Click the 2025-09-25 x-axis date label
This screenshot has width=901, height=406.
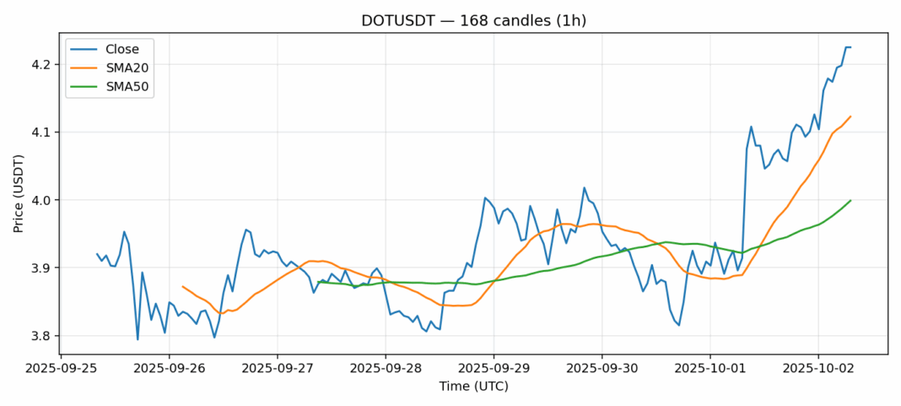click(x=62, y=369)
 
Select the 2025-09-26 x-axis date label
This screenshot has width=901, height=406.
click(x=170, y=369)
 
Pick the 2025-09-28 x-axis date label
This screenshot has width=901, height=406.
click(x=386, y=369)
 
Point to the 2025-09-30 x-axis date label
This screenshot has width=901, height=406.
click(x=602, y=369)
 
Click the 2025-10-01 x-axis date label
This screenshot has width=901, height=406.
click(x=709, y=369)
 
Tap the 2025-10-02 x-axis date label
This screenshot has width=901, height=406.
click(x=817, y=369)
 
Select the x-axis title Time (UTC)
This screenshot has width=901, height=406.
click(x=473, y=387)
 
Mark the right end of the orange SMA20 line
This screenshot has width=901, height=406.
click(x=850, y=116)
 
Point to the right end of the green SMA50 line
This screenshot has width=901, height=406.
click(x=850, y=200)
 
